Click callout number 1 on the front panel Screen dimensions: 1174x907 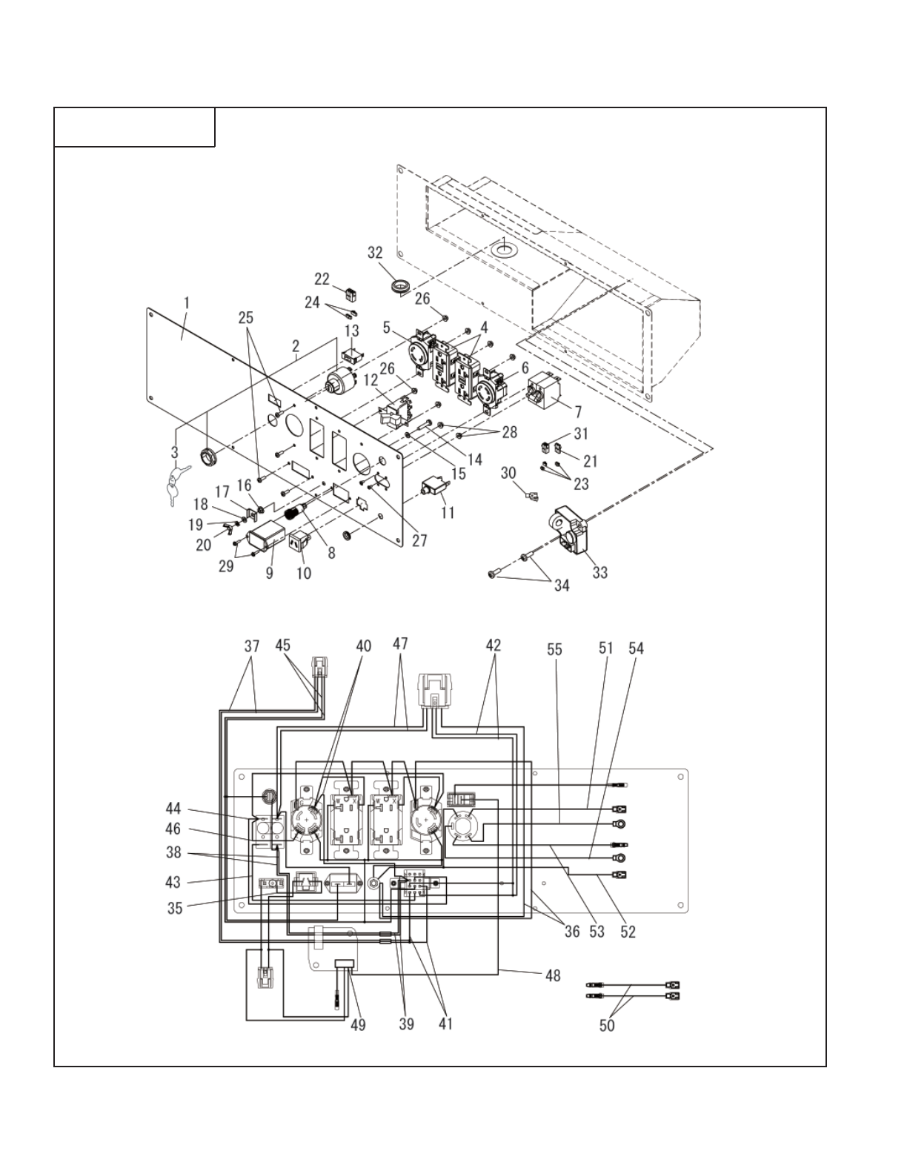pyautogui.click(x=187, y=302)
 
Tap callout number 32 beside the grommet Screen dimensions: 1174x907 pyautogui.click(x=375, y=253)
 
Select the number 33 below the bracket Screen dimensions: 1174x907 pyautogui.click(x=599, y=572)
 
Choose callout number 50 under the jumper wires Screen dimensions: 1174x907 pyautogui.click(x=607, y=1026)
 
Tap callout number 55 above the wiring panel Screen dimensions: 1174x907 pyautogui.click(x=554, y=649)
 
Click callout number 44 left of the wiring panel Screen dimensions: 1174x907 pyautogui.click(x=173, y=809)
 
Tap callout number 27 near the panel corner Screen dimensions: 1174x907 pyautogui.click(x=419, y=540)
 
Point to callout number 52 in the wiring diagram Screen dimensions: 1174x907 pyautogui.click(x=628, y=932)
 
